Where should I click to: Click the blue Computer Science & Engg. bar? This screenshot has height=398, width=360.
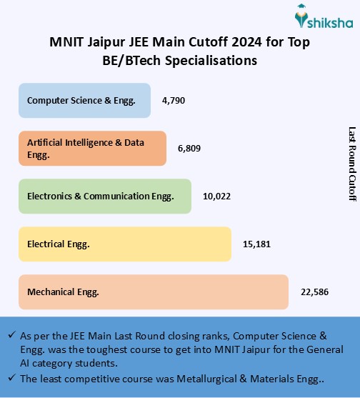pos(84,100)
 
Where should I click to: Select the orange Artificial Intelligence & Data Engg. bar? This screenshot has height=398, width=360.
pos(92,148)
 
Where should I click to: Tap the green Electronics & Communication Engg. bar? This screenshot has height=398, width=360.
pos(105,196)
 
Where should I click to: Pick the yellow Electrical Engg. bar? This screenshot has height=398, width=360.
pos(125,244)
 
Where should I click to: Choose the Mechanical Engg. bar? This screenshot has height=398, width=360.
pos(154,292)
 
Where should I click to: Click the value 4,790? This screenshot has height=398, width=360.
pos(174,100)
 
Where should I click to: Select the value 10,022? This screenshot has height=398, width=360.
pos(217,196)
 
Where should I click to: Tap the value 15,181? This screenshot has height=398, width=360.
pos(256,244)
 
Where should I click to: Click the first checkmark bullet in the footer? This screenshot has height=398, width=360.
pos(13,335)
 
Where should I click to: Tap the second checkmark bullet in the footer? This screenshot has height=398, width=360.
pos(13,378)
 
